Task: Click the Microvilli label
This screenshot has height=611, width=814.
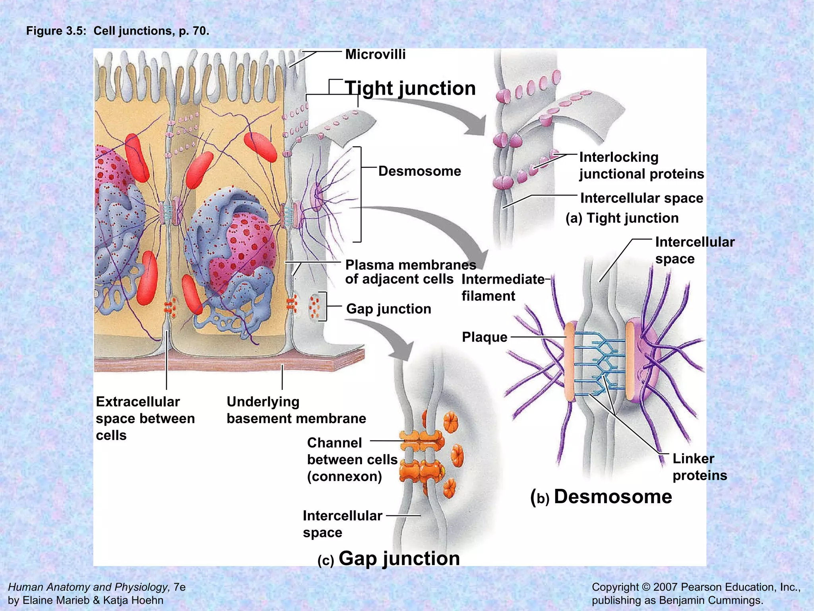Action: (375, 54)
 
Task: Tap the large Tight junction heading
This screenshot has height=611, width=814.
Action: (410, 88)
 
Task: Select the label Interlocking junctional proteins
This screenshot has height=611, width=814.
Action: (641, 165)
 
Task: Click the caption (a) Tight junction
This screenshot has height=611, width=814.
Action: (622, 218)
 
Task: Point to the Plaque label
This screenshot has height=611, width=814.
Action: (485, 337)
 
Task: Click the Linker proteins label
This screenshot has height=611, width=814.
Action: (700, 467)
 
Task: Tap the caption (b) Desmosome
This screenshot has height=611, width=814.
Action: (601, 497)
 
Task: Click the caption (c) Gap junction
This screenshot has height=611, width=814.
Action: (389, 558)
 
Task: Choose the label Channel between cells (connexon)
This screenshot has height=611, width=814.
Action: (352, 459)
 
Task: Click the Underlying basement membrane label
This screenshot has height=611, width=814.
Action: (296, 410)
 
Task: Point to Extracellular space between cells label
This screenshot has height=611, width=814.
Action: (145, 418)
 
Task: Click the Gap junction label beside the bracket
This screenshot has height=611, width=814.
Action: (388, 309)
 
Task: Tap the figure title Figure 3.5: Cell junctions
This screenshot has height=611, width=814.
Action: (118, 31)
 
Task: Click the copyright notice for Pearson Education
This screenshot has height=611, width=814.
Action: (696, 593)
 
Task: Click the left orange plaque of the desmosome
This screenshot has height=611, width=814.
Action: (570, 361)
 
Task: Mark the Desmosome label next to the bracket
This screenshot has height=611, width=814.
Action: (419, 171)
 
